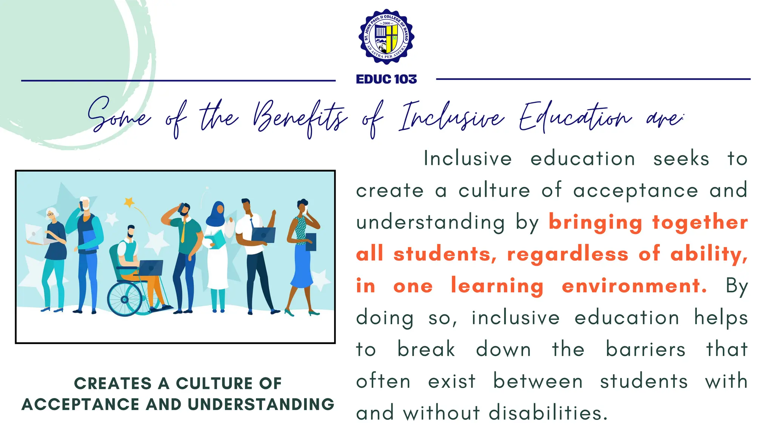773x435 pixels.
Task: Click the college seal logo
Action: pos(386,37)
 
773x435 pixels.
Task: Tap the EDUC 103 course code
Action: pos(386,79)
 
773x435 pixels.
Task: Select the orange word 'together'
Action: pos(700,222)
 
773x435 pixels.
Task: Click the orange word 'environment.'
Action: pos(634,286)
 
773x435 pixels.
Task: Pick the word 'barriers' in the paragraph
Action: pos(645,349)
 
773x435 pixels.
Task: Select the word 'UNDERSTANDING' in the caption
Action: pos(261,404)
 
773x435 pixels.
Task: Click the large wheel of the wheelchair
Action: pos(125,299)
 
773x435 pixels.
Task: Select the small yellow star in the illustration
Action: pos(129,202)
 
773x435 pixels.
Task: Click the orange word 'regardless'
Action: pos(568,254)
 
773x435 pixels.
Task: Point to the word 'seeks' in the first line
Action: pos(681,159)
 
